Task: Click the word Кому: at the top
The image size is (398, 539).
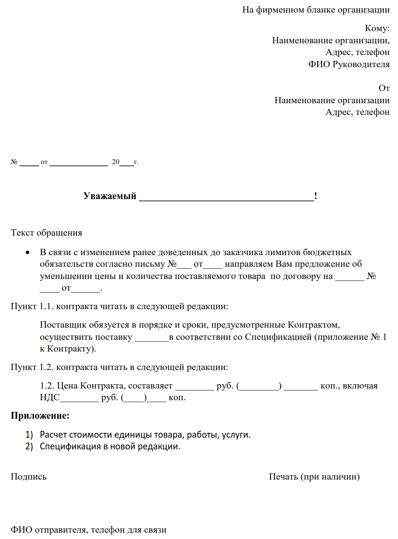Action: click(377, 28)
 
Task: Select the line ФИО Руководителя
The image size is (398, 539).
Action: click(349, 64)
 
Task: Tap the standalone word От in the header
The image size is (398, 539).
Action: click(384, 88)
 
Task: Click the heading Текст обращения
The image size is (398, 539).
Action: click(46, 233)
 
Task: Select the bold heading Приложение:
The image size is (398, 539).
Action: click(40, 416)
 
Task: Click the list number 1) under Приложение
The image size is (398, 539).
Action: click(29, 434)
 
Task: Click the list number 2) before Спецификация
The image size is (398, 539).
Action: click(29, 446)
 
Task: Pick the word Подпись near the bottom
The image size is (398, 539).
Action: click(29, 477)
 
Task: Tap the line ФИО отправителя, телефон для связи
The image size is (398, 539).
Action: click(89, 530)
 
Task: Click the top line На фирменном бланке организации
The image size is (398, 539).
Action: click(316, 10)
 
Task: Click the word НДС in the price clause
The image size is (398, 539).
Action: click(49, 398)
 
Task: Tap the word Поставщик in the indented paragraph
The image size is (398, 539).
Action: click(60, 324)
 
